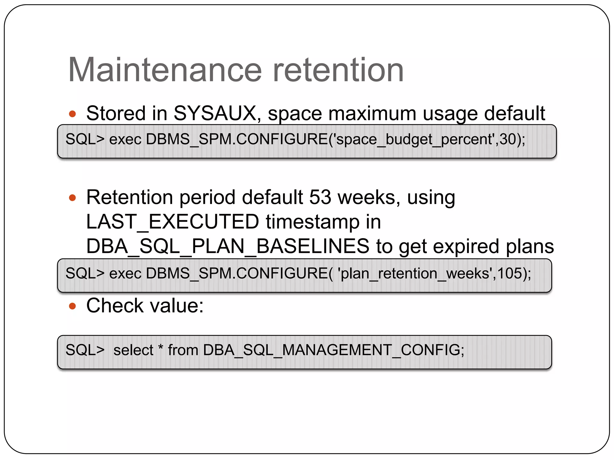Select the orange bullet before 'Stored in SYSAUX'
(x=72, y=114)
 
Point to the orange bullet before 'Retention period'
(x=72, y=198)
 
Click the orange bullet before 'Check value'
(x=72, y=306)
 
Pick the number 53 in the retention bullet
(x=320, y=197)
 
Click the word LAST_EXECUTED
(x=172, y=222)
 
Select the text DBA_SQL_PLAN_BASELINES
(x=228, y=246)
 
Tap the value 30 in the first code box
(x=507, y=139)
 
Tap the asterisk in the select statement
(x=161, y=347)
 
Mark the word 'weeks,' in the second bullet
(x=369, y=197)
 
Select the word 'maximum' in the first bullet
(x=372, y=114)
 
